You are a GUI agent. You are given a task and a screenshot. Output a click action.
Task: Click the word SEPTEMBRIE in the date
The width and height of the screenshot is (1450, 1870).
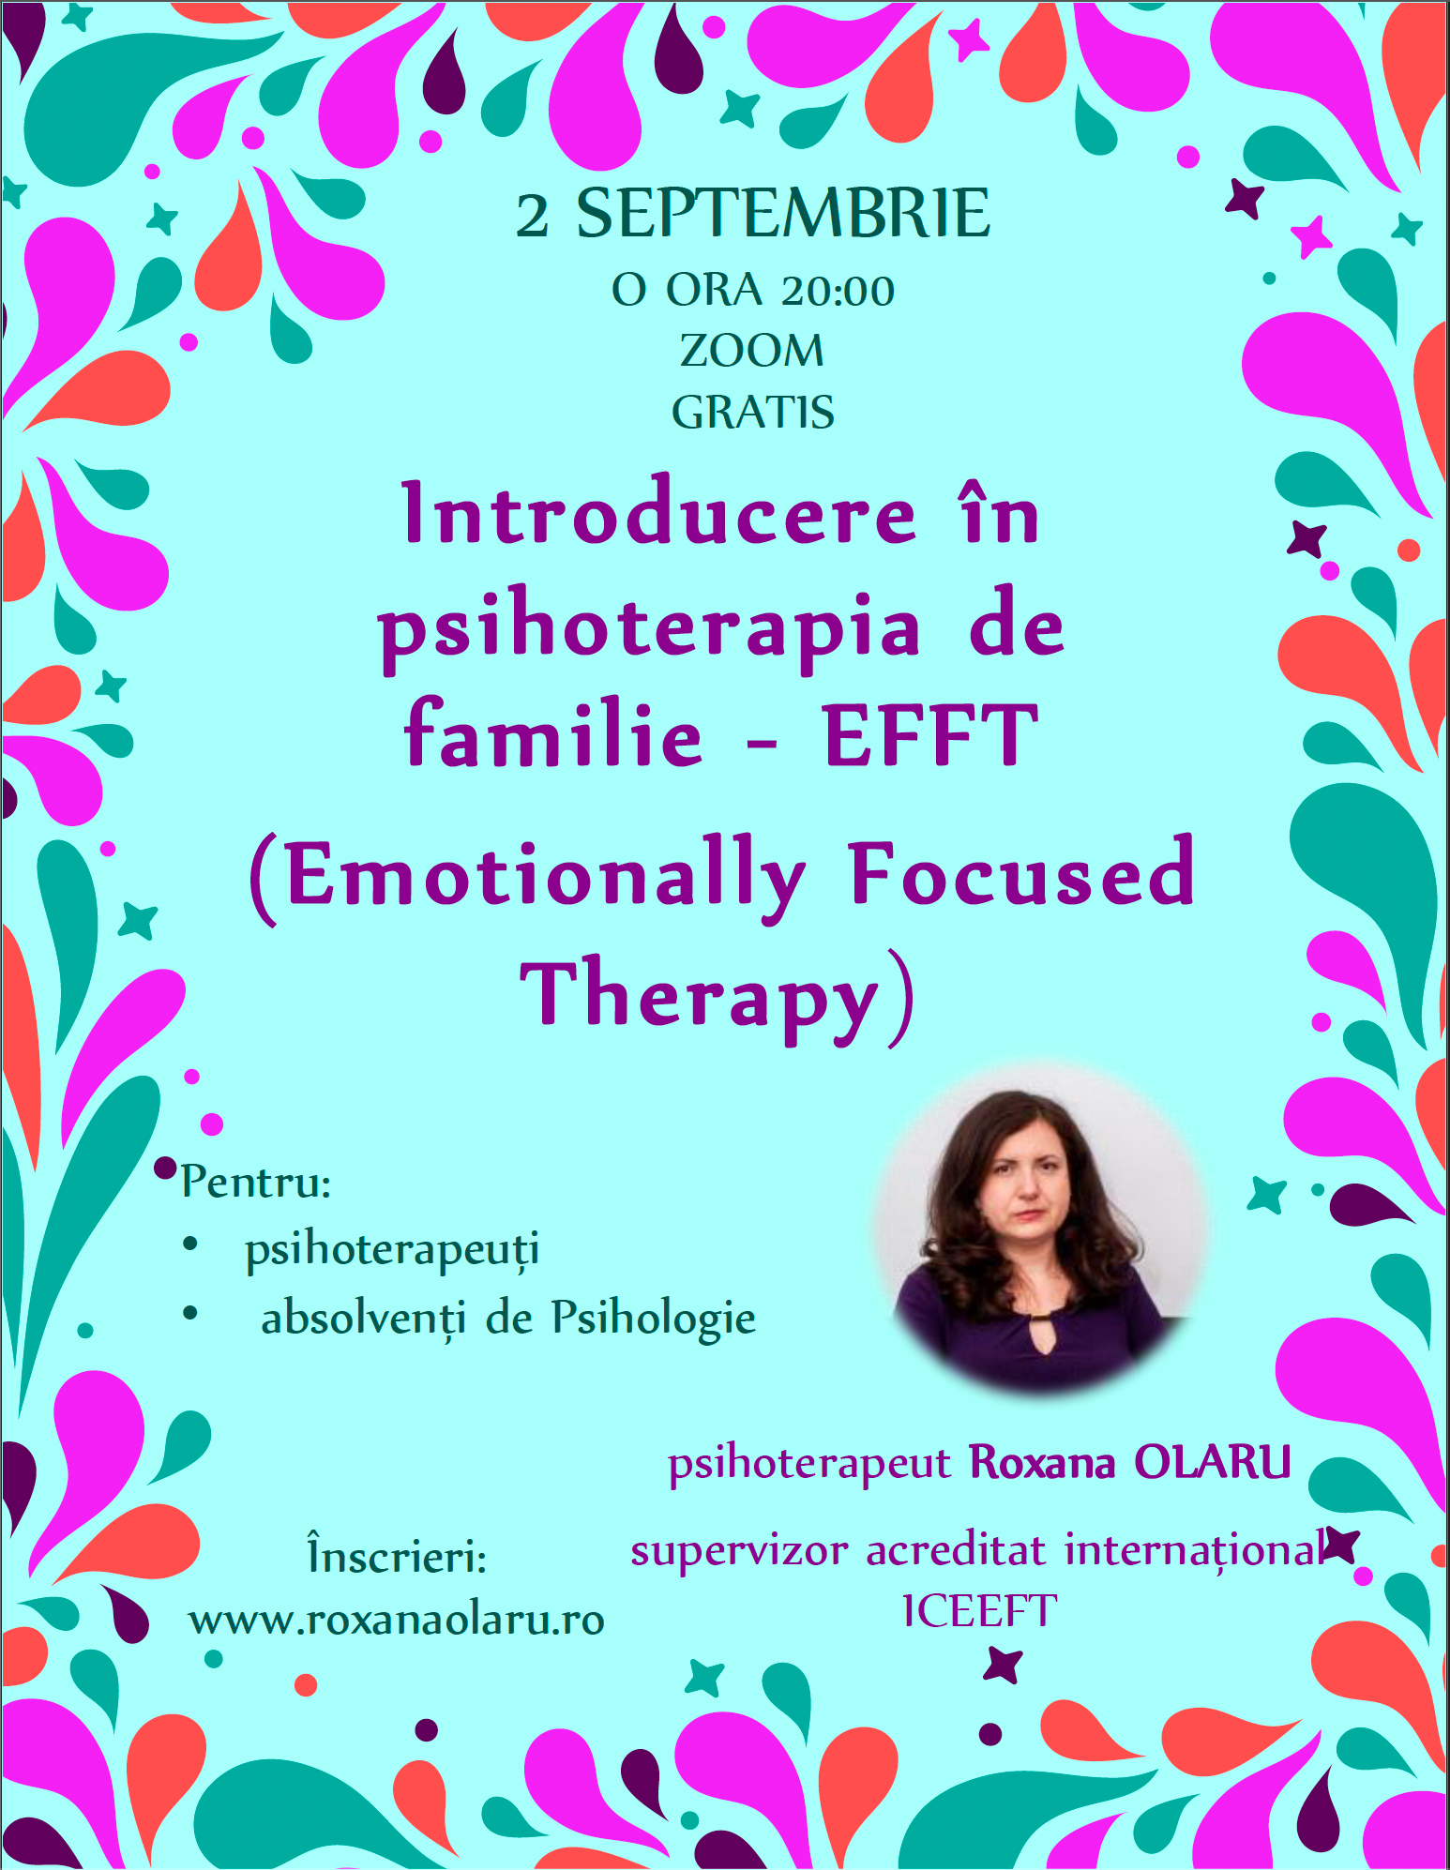click(782, 214)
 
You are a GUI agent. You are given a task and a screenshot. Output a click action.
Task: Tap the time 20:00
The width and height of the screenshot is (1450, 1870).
click(838, 291)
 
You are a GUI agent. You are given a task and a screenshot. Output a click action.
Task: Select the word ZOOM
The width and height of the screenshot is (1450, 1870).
click(752, 352)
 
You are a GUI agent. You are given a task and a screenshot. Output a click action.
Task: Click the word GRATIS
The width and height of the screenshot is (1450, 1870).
click(752, 412)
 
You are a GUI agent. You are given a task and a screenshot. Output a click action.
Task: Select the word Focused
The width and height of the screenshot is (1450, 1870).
click(1021, 874)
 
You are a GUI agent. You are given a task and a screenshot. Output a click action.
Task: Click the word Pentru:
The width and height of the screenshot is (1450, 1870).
click(256, 1182)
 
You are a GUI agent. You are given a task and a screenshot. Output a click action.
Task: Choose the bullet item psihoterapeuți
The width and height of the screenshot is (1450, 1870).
click(392, 1250)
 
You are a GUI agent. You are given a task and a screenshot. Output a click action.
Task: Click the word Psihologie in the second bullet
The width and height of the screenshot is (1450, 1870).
click(653, 1318)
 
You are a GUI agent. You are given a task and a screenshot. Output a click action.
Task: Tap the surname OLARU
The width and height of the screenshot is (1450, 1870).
click(1212, 1462)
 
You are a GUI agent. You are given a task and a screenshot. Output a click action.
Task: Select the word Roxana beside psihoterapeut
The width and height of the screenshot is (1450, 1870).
click(1041, 1462)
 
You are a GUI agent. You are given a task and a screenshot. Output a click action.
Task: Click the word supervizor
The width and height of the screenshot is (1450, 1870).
click(739, 1551)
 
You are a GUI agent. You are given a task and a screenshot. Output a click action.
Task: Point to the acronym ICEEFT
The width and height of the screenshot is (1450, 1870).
click(979, 1611)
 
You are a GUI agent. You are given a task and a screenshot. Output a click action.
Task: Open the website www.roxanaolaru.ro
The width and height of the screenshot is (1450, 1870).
click(397, 1620)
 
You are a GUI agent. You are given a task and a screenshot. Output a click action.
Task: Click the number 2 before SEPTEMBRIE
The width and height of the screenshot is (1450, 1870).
click(533, 216)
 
